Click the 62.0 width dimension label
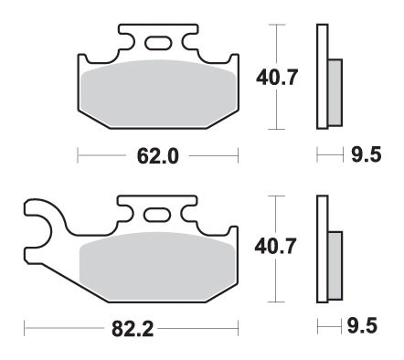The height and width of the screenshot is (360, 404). [156, 156]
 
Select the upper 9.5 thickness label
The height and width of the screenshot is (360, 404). [365, 156]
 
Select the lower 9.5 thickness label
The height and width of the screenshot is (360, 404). [365, 326]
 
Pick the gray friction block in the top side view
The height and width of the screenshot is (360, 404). [334, 92]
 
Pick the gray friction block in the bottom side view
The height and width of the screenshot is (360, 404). [334, 265]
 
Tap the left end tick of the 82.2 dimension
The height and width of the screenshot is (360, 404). [24, 326]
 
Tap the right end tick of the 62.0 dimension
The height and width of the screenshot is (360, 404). [238, 156]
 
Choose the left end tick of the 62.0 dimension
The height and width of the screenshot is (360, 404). [77, 156]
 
